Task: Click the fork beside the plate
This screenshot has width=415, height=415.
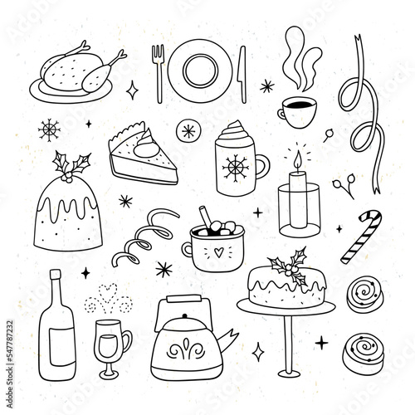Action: [159, 74]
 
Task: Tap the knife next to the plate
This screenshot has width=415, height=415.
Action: [242, 75]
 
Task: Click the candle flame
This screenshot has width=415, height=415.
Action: [298, 159]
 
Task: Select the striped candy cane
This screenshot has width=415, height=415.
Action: [361, 237]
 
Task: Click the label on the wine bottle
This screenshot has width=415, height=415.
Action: [61, 346]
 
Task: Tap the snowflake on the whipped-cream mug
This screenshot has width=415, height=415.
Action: [236, 168]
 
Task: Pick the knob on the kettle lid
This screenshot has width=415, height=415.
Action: [185, 316]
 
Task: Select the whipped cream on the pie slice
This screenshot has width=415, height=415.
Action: [146, 144]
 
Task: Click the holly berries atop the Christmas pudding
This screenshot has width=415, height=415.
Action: [66, 177]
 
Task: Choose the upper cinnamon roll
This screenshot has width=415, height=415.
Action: [364, 294]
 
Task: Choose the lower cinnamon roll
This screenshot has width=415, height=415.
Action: [363, 350]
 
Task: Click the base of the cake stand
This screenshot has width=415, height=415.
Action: [289, 373]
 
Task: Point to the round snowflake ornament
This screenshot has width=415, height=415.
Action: [189, 130]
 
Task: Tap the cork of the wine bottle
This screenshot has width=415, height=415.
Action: [56, 274]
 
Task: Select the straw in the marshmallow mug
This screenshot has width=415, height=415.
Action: [206, 216]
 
